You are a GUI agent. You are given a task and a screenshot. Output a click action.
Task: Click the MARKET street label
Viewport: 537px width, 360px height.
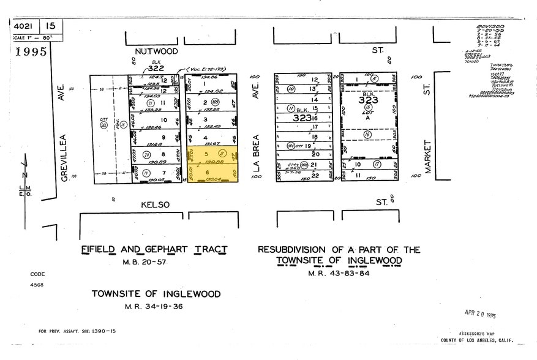(427, 156)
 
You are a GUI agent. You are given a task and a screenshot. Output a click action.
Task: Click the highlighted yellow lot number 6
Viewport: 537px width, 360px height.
(206, 173)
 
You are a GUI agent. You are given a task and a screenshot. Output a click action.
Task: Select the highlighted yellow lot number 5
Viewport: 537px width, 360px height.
(206, 154)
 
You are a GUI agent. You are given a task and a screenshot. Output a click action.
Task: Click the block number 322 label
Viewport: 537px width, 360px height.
(156, 68)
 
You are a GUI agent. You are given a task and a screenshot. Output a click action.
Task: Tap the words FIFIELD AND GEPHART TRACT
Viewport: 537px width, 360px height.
(154, 250)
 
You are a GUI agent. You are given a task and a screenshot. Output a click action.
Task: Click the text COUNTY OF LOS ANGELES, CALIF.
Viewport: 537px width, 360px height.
(477, 340)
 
